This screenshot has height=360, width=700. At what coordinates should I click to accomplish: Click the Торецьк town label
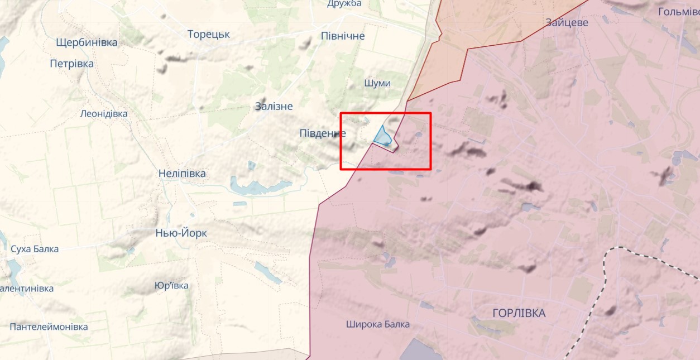209,35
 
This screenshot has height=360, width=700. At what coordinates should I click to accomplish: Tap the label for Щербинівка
87,42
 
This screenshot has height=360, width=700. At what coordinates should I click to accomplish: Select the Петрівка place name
71,64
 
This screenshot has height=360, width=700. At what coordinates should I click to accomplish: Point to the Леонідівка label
104,114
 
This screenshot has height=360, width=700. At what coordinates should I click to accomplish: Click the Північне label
343,36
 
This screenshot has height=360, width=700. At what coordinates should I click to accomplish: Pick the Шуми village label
377,83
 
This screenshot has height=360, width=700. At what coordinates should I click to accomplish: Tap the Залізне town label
274,106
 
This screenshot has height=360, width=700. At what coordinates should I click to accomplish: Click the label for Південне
323,133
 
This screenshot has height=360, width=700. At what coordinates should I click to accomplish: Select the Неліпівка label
182,174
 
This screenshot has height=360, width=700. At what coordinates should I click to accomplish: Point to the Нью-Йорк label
181,233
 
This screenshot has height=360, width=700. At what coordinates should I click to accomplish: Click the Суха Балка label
35,249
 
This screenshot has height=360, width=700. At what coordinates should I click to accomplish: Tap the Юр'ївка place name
171,286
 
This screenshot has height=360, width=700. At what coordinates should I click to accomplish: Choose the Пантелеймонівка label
49,327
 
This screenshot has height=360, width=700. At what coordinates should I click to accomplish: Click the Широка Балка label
377,324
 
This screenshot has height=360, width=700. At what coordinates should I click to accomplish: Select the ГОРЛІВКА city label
519,313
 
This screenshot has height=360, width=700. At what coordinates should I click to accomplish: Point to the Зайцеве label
567,22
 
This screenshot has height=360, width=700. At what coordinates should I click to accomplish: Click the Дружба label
344,4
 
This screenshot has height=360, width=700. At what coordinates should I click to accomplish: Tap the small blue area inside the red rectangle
382,136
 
